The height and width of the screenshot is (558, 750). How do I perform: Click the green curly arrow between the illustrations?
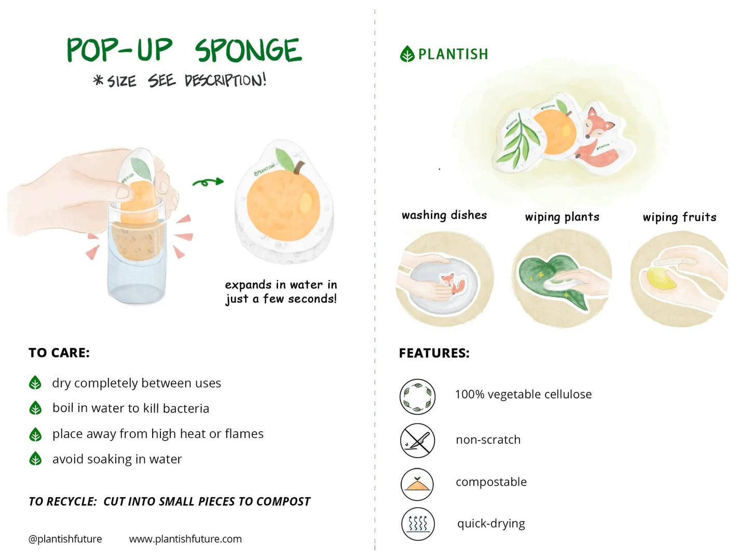[x=208, y=182]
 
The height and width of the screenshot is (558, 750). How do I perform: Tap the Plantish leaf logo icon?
[x=407, y=54]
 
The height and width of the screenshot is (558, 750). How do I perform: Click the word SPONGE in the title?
[x=248, y=50]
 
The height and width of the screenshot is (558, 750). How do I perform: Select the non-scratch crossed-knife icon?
[x=417, y=440]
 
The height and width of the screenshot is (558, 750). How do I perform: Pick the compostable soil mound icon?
[x=417, y=484]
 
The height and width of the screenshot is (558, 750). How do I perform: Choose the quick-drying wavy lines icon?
[x=417, y=524]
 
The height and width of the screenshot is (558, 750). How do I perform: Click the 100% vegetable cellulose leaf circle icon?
[x=417, y=397]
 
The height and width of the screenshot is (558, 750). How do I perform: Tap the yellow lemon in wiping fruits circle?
[x=661, y=278]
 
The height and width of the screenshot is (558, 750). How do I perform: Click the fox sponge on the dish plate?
[x=452, y=284]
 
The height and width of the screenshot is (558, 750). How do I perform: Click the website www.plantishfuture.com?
[x=185, y=539]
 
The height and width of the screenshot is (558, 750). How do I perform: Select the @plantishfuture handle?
[x=65, y=539]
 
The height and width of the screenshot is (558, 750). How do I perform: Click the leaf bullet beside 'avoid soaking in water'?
[x=35, y=459]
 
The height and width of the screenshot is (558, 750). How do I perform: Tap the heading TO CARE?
[x=59, y=353]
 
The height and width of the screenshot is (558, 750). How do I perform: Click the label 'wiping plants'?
[x=562, y=217]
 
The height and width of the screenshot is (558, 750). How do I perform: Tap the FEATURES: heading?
[x=434, y=353]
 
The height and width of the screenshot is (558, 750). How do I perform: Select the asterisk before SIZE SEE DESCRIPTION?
[x=98, y=80]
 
